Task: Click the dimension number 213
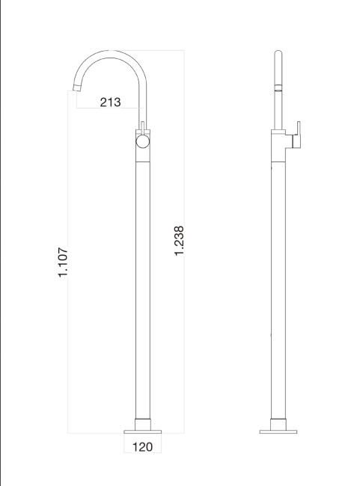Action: (x=110, y=102)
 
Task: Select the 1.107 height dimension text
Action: (x=64, y=263)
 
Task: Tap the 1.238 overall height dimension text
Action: (x=180, y=242)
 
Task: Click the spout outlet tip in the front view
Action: (x=76, y=90)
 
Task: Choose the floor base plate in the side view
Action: (x=278, y=431)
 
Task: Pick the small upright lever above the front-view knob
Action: (x=142, y=126)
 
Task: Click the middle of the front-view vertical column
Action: (x=142, y=284)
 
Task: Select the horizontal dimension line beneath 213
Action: (x=110, y=110)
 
